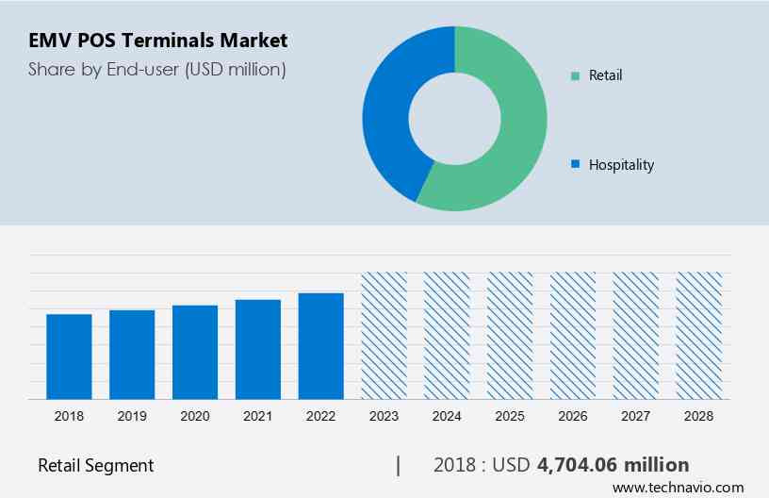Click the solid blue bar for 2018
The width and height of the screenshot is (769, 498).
[x=69, y=357]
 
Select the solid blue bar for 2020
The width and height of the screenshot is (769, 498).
[x=195, y=352]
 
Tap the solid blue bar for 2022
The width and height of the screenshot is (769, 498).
[x=321, y=346]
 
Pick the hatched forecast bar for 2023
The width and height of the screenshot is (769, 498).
[x=384, y=336]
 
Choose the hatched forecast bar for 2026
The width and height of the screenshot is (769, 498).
[x=573, y=336]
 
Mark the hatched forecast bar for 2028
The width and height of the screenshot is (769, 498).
[x=699, y=336]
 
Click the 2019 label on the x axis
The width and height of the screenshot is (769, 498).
[x=132, y=416]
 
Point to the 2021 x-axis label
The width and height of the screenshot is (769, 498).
[x=258, y=416]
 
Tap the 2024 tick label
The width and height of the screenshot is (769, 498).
[x=447, y=416]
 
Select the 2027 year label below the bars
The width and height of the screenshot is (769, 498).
[x=636, y=416]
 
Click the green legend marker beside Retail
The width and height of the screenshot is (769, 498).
[x=574, y=75]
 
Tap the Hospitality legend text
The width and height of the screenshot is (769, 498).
[x=621, y=165]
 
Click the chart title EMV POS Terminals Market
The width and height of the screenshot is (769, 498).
[x=157, y=41]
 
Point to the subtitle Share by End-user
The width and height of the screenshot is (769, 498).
[x=156, y=69]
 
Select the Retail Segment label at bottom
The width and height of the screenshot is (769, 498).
[x=95, y=465]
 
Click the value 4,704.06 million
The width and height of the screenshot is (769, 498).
[x=613, y=465]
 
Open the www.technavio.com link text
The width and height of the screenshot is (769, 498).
[x=678, y=488]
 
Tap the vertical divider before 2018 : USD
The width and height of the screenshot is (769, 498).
[x=399, y=465]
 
